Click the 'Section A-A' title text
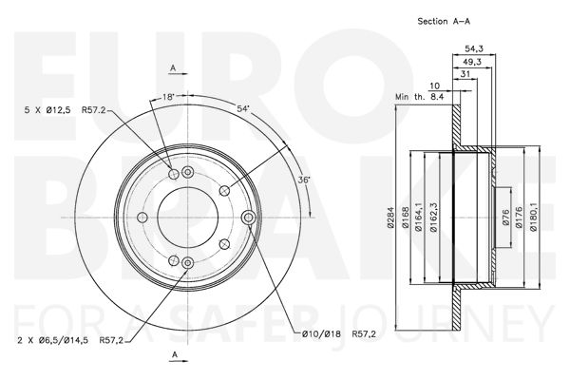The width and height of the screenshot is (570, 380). tap(444, 21)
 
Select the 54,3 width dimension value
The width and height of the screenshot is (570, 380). tap(474, 48)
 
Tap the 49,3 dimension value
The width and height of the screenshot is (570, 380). tap(472, 62)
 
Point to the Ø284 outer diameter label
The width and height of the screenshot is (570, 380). tap(390, 218)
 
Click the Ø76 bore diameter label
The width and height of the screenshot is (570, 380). tap(505, 218)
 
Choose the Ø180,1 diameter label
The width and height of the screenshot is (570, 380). tap(533, 218)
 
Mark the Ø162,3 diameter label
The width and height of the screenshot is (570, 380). tap(433, 218)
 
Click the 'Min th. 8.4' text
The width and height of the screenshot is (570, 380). tap(420, 97)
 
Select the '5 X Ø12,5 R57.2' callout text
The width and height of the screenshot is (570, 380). tap(65, 110)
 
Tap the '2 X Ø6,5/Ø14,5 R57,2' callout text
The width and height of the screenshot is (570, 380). tap(70, 341)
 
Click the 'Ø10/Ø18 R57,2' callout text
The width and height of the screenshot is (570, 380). tap(339, 333)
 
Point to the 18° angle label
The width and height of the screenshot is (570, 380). tap(169, 97)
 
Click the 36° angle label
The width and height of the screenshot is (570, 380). tap(303, 180)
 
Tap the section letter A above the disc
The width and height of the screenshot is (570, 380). tap(174, 67)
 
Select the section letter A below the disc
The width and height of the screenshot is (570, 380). tap(175, 355)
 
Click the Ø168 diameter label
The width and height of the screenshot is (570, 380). tap(406, 218)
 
